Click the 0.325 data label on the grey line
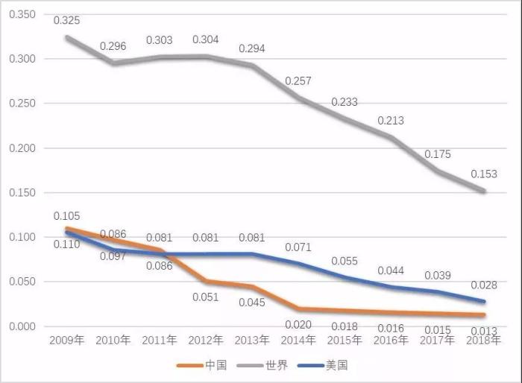click(x=66, y=20)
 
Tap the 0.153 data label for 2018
click(x=483, y=175)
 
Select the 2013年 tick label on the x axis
click(x=251, y=341)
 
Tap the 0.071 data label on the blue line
click(x=298, y=247)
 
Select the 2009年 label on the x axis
click(x=66, y=341)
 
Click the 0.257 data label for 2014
click(x=298, y=80)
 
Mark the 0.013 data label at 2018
click(x=483, y=330)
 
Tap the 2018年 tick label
click(x=483, y=341)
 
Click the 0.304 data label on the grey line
click(x=206, y=39)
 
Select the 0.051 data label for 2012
click(x=205, y=297)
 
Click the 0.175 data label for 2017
click(x=437, y=154)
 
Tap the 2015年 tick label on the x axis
click(x=344, y=341)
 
